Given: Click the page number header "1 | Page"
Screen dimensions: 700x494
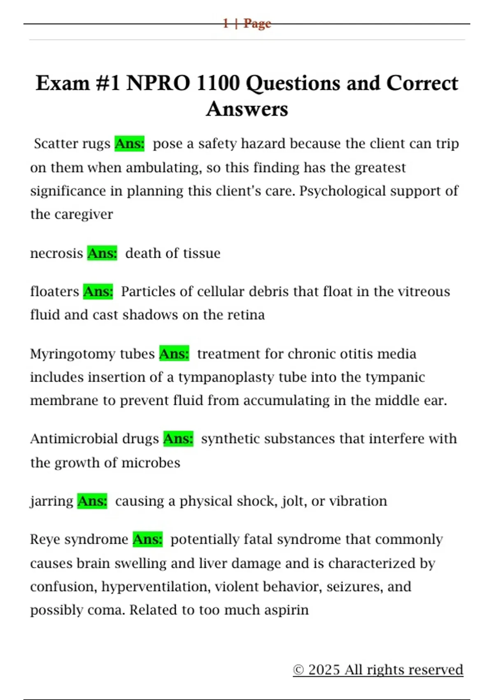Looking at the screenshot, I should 247,23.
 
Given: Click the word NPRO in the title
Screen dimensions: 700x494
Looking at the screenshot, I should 158,83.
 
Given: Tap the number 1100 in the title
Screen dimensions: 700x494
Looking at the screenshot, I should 218,83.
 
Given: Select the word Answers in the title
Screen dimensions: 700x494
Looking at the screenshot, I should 247,109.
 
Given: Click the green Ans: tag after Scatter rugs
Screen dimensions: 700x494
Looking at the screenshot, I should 130,144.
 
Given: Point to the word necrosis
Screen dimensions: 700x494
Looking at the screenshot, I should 56,253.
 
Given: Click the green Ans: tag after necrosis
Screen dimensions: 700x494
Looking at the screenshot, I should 102,253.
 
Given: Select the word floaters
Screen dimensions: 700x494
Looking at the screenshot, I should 54,292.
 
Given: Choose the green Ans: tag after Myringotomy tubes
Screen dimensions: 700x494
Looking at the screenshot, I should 174,354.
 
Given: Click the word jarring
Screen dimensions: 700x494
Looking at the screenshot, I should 51,502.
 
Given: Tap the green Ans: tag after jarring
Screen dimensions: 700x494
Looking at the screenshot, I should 92,501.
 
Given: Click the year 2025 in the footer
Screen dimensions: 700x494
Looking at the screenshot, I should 324,670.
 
